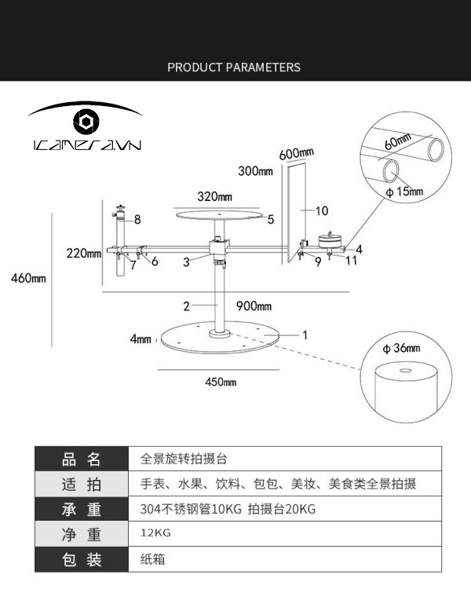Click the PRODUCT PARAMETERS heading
pos(234,68)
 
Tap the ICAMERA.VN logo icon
pos(86,122)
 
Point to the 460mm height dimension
pos(28,278)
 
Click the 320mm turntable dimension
pos(214,196)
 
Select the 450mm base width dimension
pos(221,383)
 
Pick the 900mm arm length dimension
pos(254,306)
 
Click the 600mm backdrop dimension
pos(296,152)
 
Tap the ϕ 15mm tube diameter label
pos(404,192)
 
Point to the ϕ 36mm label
pos(402,348)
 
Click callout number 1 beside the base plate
pos(305,335)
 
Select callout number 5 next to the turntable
pos(270,220)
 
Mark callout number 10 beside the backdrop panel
pos(322,210)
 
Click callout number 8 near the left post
pos(137,219)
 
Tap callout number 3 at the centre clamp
pos(186,263)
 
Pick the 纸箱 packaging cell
pos(152,560)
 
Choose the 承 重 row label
pos(82,510)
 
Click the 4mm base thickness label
pos(141,339)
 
